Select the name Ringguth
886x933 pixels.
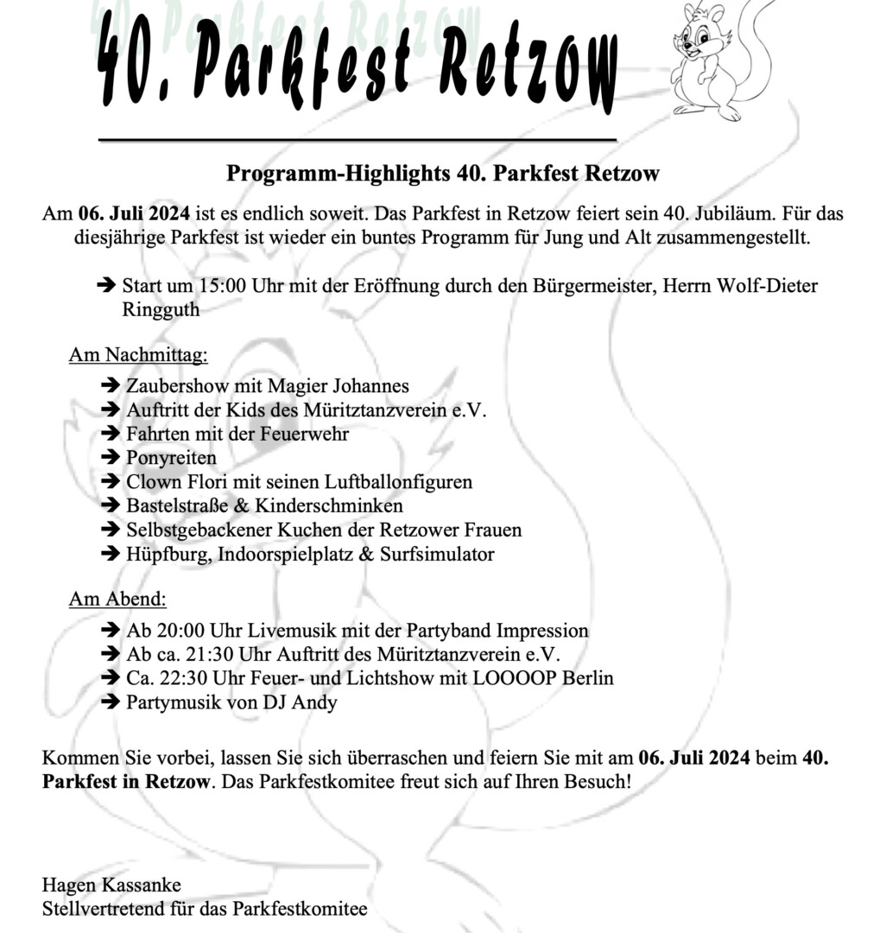(x=161, y=309)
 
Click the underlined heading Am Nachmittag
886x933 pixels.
(x=138, y=354)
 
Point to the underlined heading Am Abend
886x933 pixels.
(x=117, y=598)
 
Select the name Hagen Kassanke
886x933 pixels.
(x=111, y=885)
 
